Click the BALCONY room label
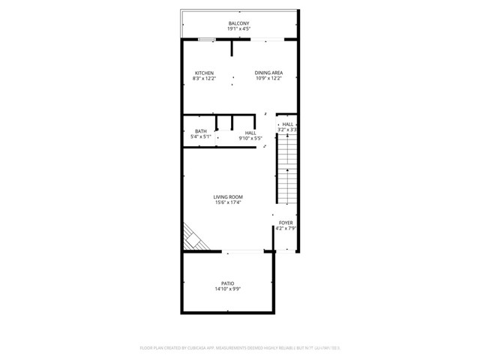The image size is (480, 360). tap(238, 23)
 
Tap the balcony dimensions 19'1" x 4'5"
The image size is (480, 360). tap(238, 29)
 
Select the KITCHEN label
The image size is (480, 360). tap(204, 73)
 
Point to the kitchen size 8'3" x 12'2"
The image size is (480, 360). tap(204, 79)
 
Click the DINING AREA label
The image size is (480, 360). tap(268, 73)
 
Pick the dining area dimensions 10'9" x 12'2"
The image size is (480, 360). tap(268, 79)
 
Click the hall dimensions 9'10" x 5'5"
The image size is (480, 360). tap(250, 138)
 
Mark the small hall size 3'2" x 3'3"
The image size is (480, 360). tap(287, 130)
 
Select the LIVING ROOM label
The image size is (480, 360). tap(228, 196)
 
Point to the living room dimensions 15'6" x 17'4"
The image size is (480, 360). tap(228, 202)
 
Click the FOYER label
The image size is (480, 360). tap(286, 223)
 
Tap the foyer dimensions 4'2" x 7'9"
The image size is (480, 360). tap(286, 229)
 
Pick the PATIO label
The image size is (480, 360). tap(227, 283)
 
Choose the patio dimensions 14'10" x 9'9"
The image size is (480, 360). tap(227, 289)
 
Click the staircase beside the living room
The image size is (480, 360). tap(287, 172)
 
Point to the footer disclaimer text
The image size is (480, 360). tap(239, 348)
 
